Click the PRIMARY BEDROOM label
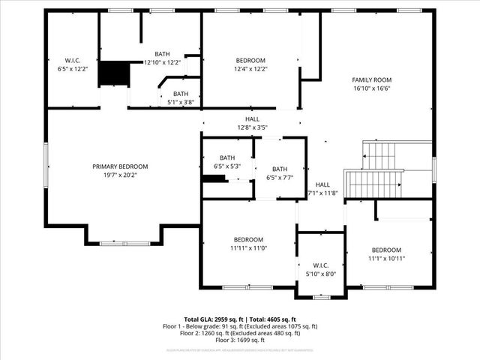tap(120, 166)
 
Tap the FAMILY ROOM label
tap(372, 79)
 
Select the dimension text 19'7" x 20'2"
tap(120, 175)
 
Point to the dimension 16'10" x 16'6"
tap(372, 88)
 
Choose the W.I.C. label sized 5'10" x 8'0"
tap(321, 265)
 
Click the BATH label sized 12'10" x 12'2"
tap(162, 54)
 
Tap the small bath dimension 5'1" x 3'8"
tap(179, 102)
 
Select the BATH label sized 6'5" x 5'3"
tap(226, 157)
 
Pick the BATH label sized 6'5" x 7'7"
tap(280, 169)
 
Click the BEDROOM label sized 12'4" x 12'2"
tap(250, 60)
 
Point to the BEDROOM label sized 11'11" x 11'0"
tap(247, 239)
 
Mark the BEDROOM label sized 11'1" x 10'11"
tap(386, 250)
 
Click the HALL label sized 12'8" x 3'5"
tap(252, 118)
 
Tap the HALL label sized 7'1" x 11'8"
tap(322, 184)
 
